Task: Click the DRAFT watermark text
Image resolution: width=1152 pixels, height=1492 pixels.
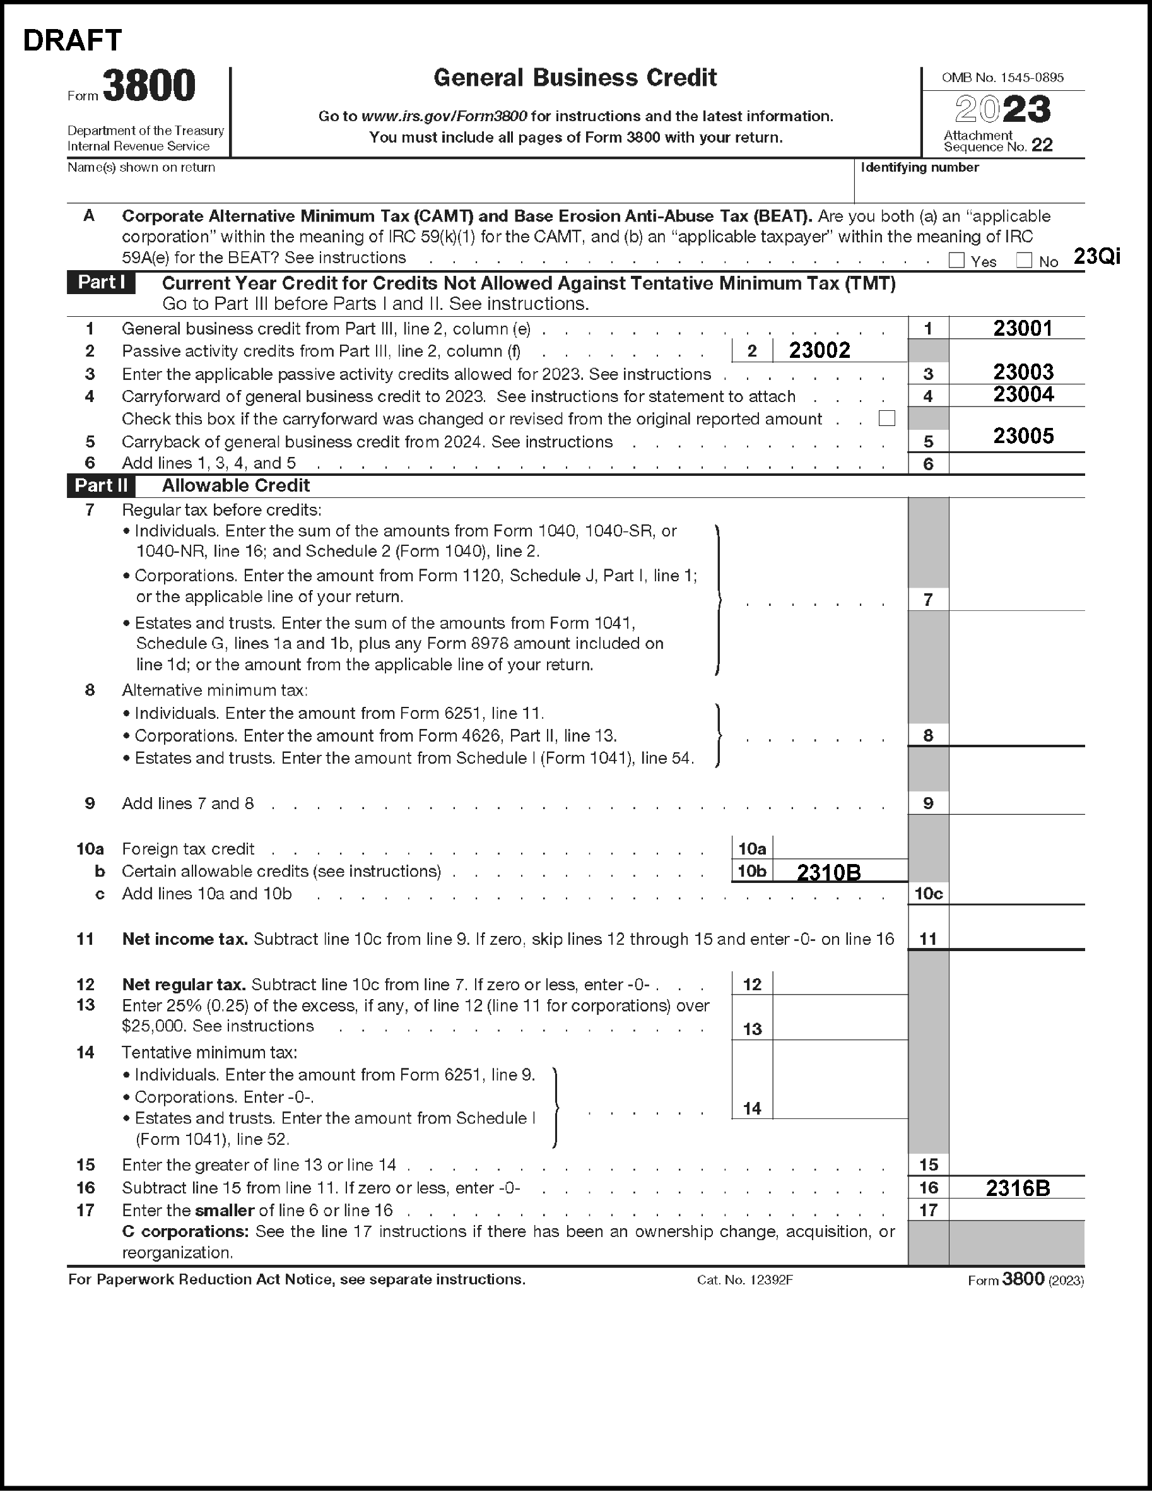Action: point(73,41)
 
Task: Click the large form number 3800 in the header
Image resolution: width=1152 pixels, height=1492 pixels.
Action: point(149,86)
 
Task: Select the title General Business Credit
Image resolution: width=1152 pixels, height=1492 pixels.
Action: point(575,78)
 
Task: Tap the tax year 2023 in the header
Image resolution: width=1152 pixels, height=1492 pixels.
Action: point(1002,109)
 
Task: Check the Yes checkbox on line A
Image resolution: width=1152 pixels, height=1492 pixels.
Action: point(956,260)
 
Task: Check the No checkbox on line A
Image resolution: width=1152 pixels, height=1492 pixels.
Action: point(1024,260)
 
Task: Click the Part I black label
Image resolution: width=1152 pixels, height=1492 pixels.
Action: point(101,283)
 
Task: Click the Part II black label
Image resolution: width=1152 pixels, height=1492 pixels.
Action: point(101,486)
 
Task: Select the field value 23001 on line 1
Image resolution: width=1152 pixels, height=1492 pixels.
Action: point(1022,329)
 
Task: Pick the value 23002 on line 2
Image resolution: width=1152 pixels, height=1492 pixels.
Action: point(820,350)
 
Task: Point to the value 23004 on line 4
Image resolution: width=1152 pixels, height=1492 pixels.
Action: point(1023,395)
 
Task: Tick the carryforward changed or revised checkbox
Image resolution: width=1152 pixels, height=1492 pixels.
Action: point(886,418)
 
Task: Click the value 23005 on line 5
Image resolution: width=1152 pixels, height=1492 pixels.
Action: point(1023,437)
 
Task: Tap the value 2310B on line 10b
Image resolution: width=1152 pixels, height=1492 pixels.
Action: point(828,872)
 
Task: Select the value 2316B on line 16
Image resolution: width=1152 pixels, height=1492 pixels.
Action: point(1018,1188)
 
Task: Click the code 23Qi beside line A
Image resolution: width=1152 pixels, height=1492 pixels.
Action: point(1096,256)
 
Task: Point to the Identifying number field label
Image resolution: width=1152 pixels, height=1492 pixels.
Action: point(919,167)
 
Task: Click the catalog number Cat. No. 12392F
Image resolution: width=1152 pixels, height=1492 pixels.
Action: point(744,1280)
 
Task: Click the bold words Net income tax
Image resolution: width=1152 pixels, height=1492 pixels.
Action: point(184,939)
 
